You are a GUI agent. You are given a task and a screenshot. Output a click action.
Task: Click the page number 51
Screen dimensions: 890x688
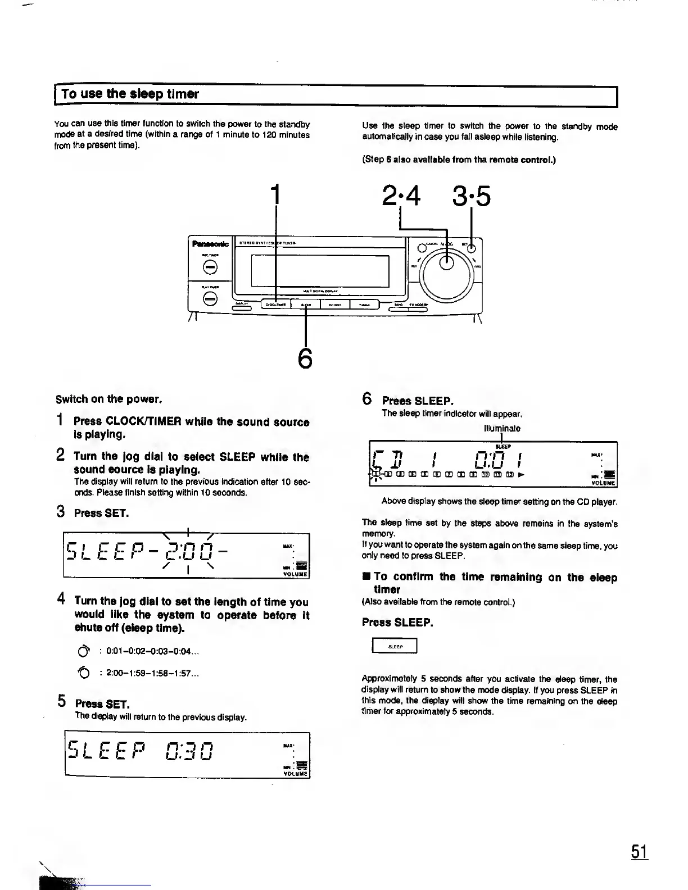[640, 852]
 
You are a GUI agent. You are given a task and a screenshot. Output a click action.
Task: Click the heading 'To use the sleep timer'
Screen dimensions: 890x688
[130, 94]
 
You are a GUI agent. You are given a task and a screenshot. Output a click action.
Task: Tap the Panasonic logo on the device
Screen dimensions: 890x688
[210, 244]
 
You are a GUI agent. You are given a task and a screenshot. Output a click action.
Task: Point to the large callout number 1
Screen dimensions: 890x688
[275, 195]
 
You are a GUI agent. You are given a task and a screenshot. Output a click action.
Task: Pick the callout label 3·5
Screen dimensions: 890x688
[470, 196]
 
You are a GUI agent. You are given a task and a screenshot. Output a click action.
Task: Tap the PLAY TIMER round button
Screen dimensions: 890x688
[210, 299]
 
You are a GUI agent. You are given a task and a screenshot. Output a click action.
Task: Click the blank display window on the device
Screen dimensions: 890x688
[320, 270]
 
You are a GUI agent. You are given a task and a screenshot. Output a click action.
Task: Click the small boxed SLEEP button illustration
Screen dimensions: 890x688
[395, 647]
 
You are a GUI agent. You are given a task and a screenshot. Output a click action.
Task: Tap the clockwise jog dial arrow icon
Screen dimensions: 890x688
[83, 652]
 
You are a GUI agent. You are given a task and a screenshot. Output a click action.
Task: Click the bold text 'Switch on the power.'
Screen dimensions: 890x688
[108, 399]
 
